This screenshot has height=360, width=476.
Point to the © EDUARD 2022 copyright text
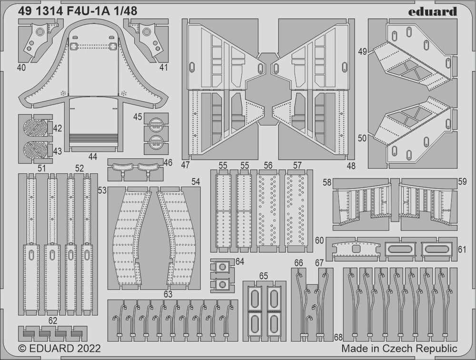tap(59, 349)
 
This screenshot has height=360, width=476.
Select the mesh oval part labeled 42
tap(36, 128)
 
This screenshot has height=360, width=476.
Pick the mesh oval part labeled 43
tap(36, 150)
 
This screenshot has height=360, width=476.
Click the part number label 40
tap(21, 68)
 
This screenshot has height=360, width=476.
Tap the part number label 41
tap(164, 68)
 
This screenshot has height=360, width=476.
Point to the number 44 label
tap(92, 156)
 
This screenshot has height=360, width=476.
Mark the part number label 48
tap(351, 166)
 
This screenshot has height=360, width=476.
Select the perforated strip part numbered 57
tap(297, 210)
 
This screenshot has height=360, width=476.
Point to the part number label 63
tap(168, 294)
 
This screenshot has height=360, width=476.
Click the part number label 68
tap(338, 337)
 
